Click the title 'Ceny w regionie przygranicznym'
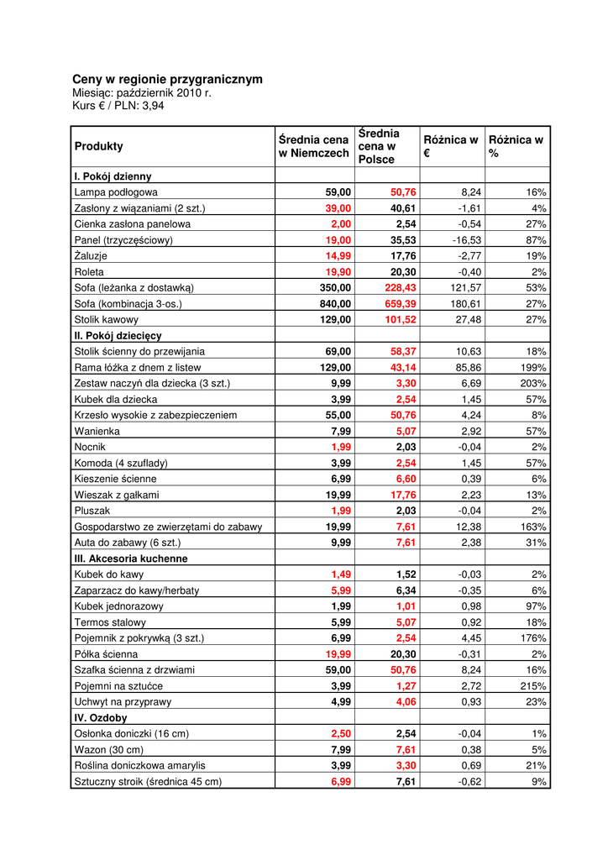167,79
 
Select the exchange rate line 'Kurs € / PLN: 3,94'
118,106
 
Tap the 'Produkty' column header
99,146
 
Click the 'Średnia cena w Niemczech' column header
313,146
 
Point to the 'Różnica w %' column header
516,146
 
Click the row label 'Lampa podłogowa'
116,192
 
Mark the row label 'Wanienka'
97,431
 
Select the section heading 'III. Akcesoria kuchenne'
131,558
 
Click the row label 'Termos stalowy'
110,622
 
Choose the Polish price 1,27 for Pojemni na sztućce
406,686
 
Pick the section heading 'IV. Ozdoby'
101,718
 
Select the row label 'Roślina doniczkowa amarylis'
139,765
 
